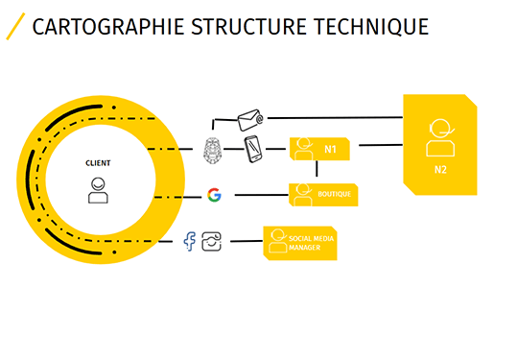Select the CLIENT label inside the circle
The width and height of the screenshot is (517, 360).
tap(98, 163)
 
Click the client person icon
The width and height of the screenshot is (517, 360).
tap(98, 190)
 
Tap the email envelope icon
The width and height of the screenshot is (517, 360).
tap(250, 119)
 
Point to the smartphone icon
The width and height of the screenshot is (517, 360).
tap(252, 149)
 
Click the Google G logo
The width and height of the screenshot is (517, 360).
tap(214, 195)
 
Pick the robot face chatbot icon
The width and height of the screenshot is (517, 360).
tap(214, 149)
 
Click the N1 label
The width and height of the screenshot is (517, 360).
tap(331, 149)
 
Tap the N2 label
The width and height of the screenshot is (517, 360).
tap(440, 169)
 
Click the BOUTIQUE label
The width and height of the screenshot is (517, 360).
tap(335, 194)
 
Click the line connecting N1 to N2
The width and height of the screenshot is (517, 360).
tap(378, 146)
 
